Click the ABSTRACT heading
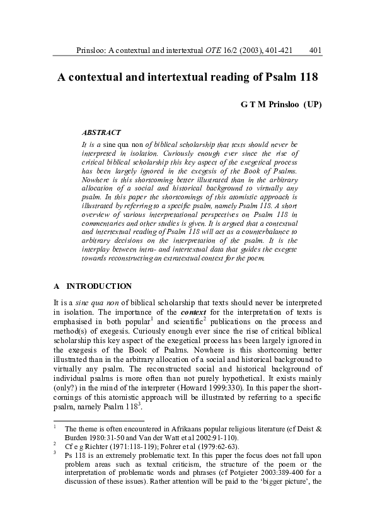[x=101, y=132]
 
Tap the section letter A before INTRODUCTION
[x=57, y=286]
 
